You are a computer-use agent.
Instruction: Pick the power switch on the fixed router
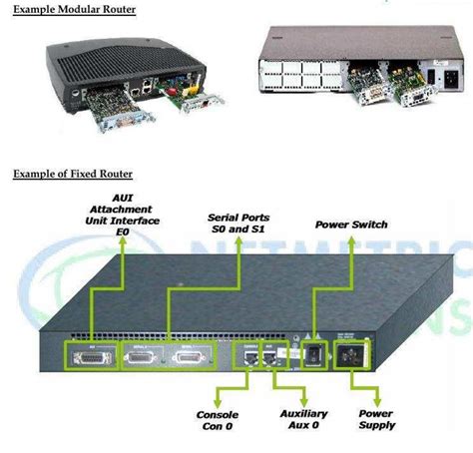312,354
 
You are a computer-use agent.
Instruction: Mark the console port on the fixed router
246,355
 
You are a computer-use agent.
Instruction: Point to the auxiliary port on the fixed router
269,355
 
